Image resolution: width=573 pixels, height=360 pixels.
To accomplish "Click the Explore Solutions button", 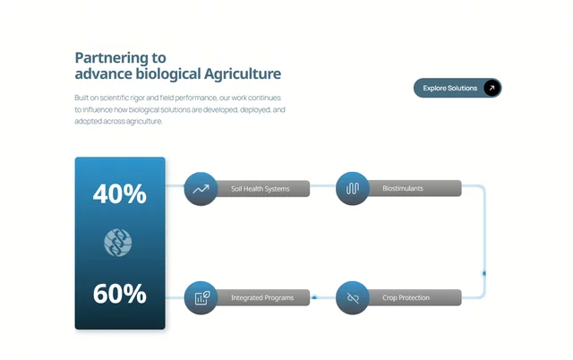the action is pyautogui.click(x=458, y=88).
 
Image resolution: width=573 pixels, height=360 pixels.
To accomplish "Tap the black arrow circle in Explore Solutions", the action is pyautogui.click(x=492, y=88).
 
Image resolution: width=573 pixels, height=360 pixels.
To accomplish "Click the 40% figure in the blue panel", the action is pyautogui.click(x=119, y=193).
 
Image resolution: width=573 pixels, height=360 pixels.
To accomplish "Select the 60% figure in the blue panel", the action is pyautogui.click(x=119, y=294).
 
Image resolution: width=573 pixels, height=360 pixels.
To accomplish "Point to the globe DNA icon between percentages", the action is pyautogui.click(x=117, y=243).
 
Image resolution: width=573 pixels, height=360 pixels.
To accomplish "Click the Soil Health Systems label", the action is pyautogui.click(x=261, y=189).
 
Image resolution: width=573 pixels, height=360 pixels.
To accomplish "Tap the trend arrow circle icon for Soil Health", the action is pyautogui.click(x=201, y=189).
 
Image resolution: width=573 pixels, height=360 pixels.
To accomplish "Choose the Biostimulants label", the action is pyautogui.click(x=403, y=188).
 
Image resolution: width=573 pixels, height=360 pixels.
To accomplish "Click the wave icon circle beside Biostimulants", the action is pyautogui.click(x=352, y=188).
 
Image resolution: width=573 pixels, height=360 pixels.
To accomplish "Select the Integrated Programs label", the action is pyautogui.click(x=262, y=297).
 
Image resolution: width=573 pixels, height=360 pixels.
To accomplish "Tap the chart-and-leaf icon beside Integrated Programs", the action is pyautogui.click(x=201, y=298).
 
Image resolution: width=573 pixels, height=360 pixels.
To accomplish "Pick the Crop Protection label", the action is pyautogui.click(x=406, y=297).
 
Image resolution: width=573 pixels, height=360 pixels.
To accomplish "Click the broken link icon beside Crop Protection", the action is pyautogui.click(x=352, y=298).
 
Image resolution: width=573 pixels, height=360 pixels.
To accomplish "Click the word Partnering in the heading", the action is pyautogui.click(x=112, y=58).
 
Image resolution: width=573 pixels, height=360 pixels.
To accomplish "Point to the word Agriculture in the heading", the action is pyautogui.click(x=243, y=73).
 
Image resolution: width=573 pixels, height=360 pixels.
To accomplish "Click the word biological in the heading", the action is pyautogui.click(x=168, y=73).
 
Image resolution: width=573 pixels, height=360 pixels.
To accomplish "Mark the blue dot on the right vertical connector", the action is pyautogui.click(x=484, y=273).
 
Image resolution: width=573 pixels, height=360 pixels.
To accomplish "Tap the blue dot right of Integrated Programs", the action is pyautogui.click(x=314, y=298).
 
